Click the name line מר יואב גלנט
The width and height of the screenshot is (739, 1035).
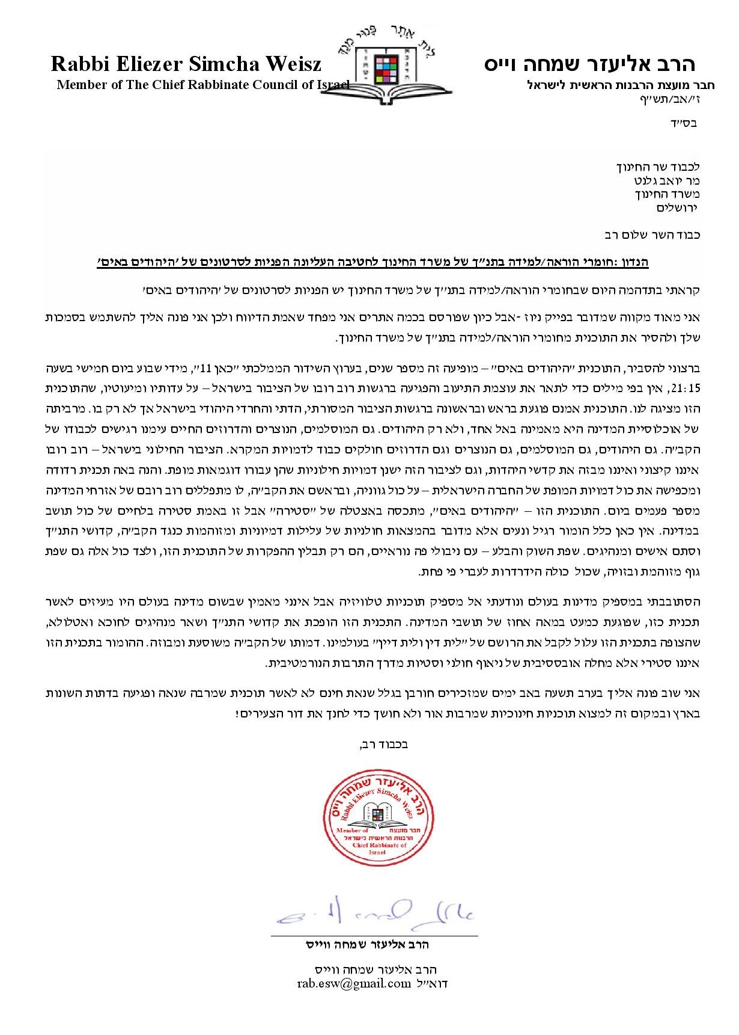[x=666, y=181]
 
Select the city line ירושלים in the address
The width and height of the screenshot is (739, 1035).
[x=677, y=208]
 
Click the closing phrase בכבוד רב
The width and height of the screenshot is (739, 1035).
[x=384, y=744]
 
